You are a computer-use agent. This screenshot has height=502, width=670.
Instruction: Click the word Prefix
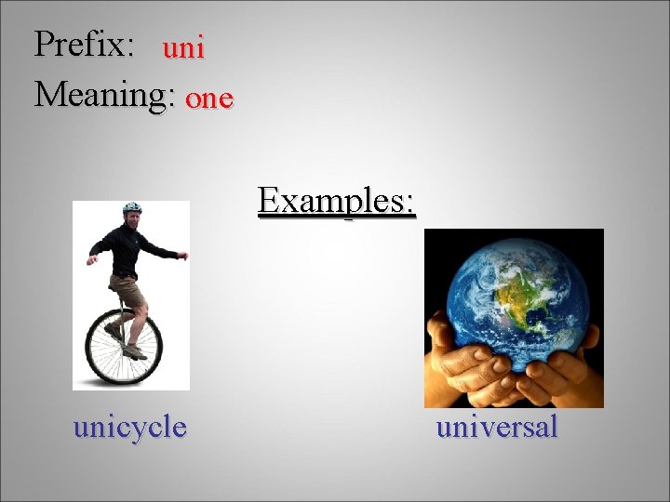(x=82, y=44)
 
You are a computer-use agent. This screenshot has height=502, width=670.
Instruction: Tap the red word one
(x=209, y=99)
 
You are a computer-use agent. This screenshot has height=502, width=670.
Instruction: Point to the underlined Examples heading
(x=337, y=200)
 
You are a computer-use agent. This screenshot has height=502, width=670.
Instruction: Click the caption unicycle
(x=130, y=427)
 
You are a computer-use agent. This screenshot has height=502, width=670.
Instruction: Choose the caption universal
(x=497, y=427)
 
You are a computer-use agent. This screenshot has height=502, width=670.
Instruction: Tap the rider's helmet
(x=132, y=207)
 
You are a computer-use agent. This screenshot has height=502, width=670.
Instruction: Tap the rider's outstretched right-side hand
(x=183, y=255)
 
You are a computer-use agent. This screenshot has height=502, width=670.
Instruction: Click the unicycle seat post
(x=120, y=307)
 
